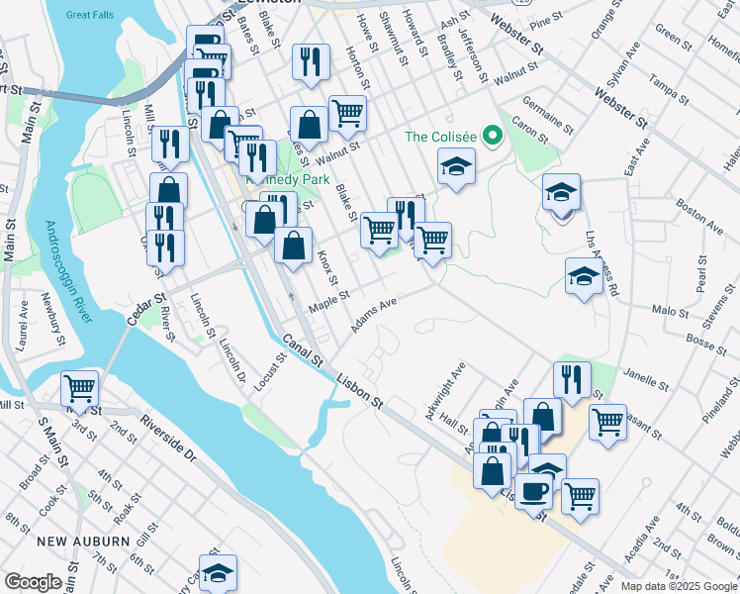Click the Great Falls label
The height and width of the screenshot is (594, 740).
90,15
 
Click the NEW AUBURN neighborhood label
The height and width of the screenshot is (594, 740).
82,542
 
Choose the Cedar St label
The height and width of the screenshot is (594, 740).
144,308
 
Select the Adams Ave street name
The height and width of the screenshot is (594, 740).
375,314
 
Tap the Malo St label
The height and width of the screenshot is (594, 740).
670,312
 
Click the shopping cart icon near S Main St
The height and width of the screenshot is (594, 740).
79,386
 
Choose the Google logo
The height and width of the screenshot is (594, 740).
33,582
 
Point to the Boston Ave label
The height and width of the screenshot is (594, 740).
698,218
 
